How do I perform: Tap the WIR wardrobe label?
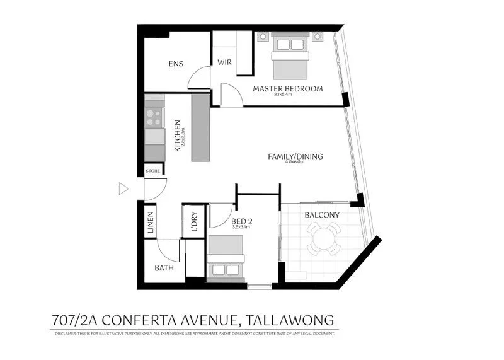coord(225,62)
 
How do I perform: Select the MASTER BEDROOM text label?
coord(287,88)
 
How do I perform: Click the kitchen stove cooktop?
coord(154,117)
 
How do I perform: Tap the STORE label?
coord(153,170)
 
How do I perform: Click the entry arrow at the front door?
coord(123,188)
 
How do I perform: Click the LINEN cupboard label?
coord(151,222)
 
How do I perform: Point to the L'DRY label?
coord(194,222)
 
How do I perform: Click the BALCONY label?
coord(321,215)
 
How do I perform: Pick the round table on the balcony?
coord(322,238)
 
